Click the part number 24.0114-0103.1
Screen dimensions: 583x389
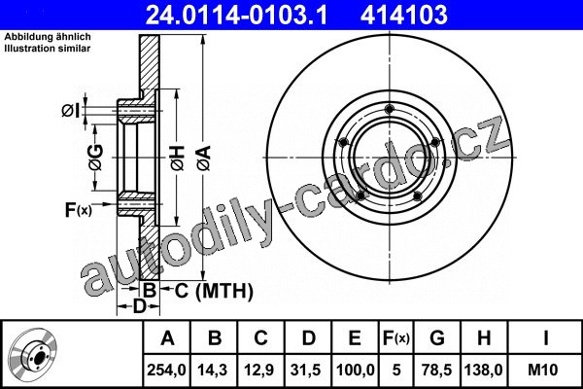[x=236, y=15]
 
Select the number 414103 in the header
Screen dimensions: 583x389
[x=404, y=15]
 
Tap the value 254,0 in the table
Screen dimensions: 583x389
[x=166, y=370]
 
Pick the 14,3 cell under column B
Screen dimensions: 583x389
[x=213, y=370]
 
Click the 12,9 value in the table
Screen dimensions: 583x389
[x=260, y=370]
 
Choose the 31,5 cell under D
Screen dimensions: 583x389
[x=307, y=370]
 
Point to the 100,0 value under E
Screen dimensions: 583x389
[x=355, y=370]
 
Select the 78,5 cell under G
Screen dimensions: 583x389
[x=437, y=370]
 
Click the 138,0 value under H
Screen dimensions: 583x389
[x=484, y=370]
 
